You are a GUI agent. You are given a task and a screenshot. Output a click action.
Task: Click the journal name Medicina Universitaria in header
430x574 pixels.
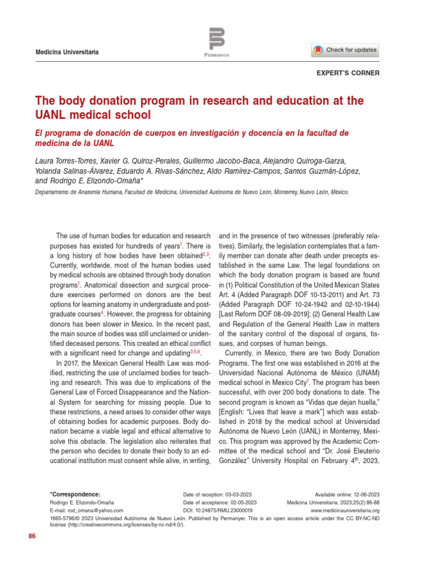tap(67, 52)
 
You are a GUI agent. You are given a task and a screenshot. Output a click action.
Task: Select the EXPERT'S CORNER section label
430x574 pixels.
tap(348, 73)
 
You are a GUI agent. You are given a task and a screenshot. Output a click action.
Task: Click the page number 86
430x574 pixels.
tap(32, 536)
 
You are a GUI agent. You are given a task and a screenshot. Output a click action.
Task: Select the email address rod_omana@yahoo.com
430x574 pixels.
tap(86, 511)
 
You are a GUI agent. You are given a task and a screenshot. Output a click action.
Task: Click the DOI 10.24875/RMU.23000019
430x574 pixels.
tap(218, 511)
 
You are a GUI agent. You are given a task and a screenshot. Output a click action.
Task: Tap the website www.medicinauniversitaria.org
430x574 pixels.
tap(345, 511)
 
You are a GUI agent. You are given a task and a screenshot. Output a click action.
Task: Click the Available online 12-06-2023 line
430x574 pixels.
tap(347, 494)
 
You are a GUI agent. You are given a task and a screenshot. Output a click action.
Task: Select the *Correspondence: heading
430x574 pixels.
tap(75, 494)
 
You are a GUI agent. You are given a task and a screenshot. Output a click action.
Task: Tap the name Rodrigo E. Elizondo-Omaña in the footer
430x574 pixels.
tap(82, 503)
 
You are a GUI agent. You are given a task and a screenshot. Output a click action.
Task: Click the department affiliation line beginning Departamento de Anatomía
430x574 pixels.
tap(191, 192)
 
